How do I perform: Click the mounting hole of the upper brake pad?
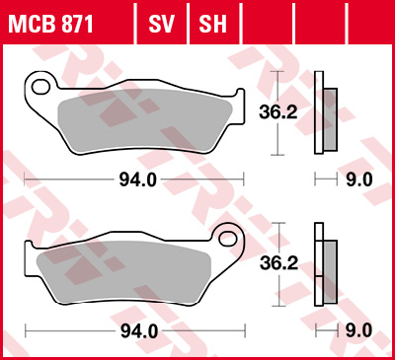point(40,87)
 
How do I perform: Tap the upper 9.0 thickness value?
point(358,179)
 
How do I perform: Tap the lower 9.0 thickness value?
point(358,329)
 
